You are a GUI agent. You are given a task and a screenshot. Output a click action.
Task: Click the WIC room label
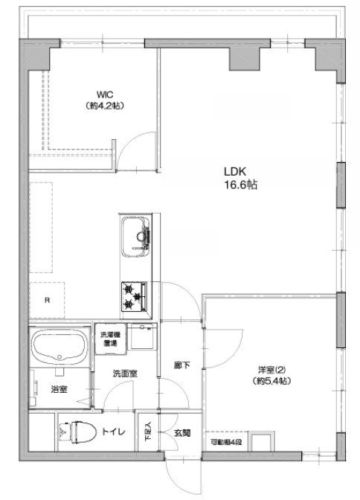[x=104, y=95]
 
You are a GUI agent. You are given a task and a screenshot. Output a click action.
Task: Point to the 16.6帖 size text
[x=237, y=185]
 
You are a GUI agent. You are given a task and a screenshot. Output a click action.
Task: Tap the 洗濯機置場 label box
[x=110, y=339]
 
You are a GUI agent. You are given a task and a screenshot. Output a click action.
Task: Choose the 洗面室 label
[x=123, y=373]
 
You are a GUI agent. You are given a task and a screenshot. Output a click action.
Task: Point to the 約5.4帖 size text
[x=269, y=381]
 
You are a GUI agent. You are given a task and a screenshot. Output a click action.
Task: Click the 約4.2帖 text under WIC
[x=104, y=106]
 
